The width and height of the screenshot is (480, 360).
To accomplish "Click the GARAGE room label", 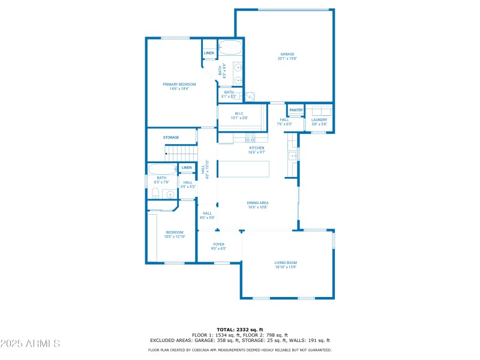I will (287, 54).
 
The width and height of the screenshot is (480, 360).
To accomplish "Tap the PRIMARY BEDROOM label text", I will (179, 85).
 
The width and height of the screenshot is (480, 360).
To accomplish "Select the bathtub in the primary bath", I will (230, 47).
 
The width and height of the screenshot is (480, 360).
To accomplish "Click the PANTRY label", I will (296, 110).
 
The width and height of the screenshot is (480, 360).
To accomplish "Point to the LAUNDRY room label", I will (319, 119).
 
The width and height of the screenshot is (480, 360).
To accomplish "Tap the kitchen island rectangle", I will (243, 169).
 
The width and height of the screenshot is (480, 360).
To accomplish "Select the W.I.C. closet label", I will (239, 116).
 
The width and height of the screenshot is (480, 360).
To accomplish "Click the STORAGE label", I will (171, 137).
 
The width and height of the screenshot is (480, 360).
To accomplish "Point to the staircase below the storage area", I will (181, 154).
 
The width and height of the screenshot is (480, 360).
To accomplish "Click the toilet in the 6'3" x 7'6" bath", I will (155, 193).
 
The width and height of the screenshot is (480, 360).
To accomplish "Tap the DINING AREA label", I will (257, 203).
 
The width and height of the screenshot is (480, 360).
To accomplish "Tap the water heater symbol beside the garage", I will (250, 95).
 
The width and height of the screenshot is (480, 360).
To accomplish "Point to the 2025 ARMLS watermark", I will (30, 344).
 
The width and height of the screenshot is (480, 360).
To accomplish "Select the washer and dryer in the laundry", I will (319, 110).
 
